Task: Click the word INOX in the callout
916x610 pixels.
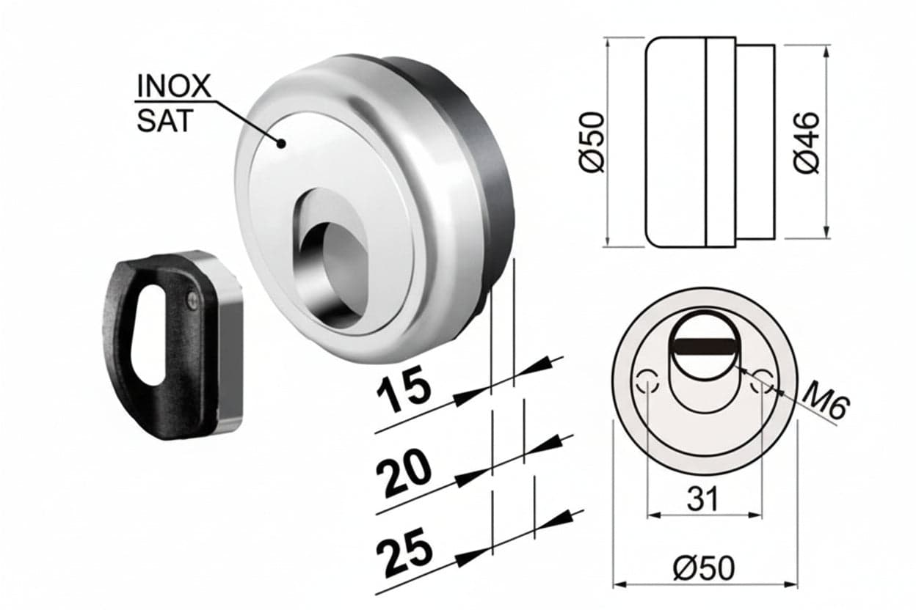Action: point(174,86)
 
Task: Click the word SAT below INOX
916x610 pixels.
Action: point(164,121)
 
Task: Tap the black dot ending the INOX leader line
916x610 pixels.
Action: point(281,144)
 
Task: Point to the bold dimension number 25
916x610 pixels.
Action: point(404,551)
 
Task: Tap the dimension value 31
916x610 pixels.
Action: point(703,499)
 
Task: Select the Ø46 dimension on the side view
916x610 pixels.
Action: point(807,143)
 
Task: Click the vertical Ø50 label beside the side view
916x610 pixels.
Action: point(592,142)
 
